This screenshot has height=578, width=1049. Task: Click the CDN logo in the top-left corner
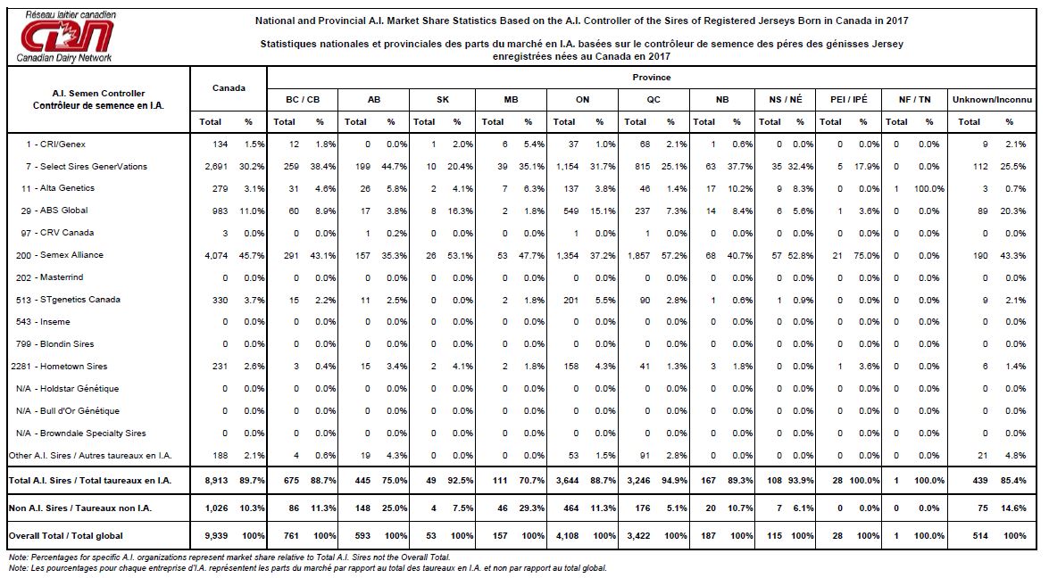tap(66, 36)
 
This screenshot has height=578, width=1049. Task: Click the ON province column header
tap(582, 100)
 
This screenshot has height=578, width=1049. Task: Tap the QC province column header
tap(654, 100)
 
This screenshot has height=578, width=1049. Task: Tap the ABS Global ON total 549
tap(568, 211)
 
